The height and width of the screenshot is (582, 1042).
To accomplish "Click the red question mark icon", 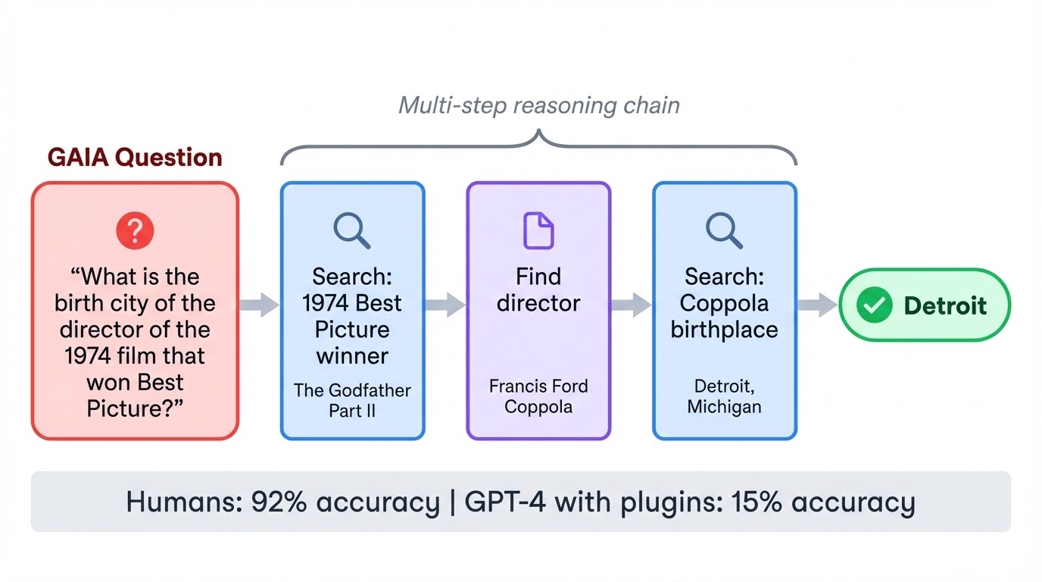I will (x=135, y=230).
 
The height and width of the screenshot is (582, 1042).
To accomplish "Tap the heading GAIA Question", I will (x=135, y=157).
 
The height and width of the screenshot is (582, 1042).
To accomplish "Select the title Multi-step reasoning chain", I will (x=538, y=105).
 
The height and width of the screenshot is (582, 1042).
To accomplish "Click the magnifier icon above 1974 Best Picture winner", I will (x=351, y=230).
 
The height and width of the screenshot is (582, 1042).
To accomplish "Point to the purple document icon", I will (x=538, y=230).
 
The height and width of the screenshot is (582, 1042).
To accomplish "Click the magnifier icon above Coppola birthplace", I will (x=724, y=230).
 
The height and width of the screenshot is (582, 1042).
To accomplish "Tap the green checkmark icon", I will (x=874, y=305).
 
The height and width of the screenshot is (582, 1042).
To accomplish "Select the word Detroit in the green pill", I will (x=945, y=305).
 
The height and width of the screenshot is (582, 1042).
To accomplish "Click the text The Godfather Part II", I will (x=352, y=401).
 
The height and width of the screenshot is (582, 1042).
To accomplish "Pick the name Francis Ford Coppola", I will (x=538, y=396).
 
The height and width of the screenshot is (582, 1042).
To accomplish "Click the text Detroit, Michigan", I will (x=724, y=396).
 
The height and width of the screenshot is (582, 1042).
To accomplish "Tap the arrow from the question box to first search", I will (x=259, y=305).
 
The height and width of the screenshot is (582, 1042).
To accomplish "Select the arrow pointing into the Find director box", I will (x=445, y=305).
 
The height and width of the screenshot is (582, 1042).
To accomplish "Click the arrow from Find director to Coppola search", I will (x=631, y=305).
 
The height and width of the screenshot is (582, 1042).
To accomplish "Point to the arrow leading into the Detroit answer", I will (x=816, y=305).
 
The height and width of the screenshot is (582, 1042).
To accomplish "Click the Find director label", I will (x=538, y=289).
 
